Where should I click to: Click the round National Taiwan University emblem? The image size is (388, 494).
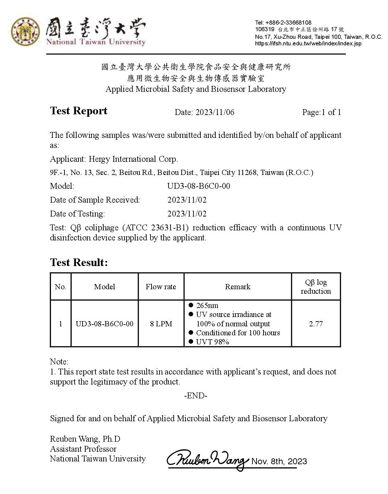25,32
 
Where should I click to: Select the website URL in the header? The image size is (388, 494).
308,44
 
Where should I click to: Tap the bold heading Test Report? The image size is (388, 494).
79,111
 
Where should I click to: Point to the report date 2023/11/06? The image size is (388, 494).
215,112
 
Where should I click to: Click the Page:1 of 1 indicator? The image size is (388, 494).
321,112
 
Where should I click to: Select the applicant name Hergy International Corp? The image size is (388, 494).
133,159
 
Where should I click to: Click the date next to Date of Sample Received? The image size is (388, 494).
187,200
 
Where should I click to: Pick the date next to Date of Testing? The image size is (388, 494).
187,214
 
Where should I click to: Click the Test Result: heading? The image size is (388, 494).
79,262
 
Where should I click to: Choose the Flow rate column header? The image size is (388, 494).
161,287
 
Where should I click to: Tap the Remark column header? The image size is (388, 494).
238,287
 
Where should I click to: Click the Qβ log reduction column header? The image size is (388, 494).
316,287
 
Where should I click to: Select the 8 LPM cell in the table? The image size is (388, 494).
161,324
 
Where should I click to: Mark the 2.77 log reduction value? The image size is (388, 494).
316,324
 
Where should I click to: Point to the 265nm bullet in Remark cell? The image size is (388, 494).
207,306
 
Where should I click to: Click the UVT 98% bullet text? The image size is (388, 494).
212,342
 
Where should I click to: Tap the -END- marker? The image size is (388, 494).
196,396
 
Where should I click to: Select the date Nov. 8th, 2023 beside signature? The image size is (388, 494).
279,461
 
